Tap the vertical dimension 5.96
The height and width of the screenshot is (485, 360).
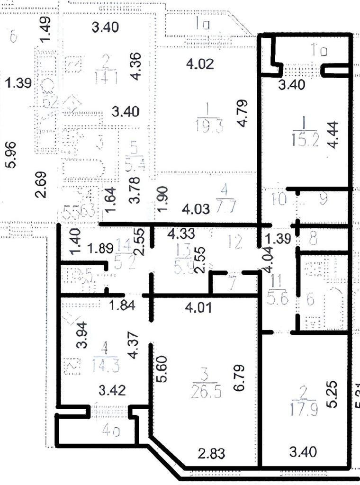13,155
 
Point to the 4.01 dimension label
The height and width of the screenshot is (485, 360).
196,308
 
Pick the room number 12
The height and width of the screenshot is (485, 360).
234,242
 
